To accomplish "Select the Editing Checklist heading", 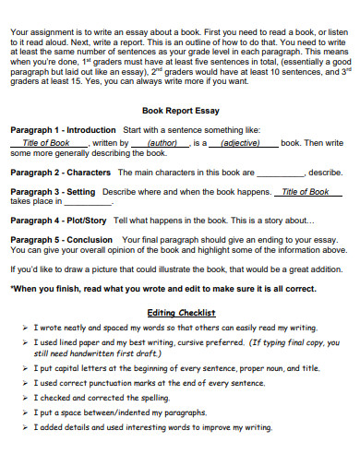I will [182, 313].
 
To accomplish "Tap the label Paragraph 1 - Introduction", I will [63, 130].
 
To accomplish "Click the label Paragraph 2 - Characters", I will [60, 172].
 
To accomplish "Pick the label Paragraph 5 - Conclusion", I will [60, 239].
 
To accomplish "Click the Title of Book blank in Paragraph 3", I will [305, 192].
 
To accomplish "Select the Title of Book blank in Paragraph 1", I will [46, 144].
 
